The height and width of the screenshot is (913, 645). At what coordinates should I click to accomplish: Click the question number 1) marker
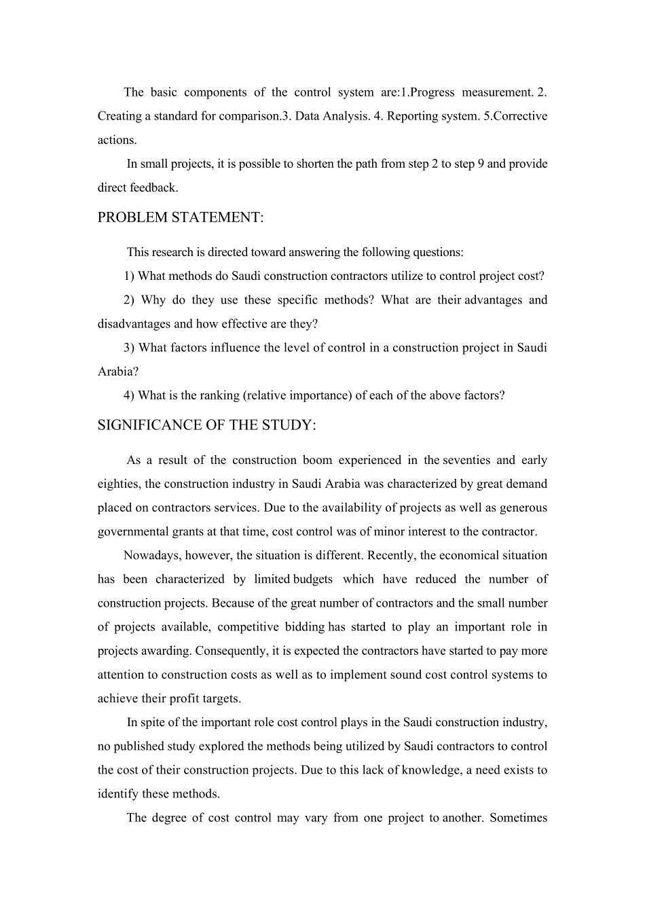point(129,276)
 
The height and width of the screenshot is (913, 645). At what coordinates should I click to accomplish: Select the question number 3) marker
point(129,348)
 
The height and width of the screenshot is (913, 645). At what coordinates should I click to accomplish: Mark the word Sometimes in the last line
point(518,818)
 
